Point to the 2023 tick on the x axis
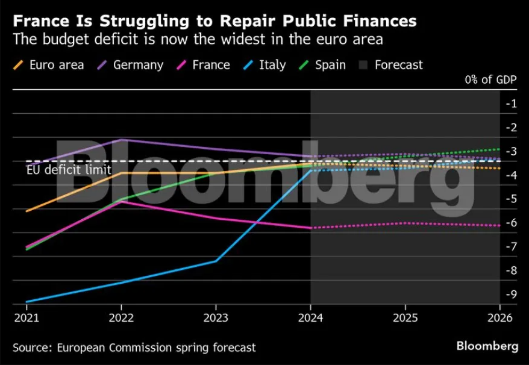216,317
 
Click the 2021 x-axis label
27,317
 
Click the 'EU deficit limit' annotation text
69,170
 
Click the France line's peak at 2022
122,201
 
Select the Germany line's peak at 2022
122,140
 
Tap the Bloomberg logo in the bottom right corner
487,346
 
